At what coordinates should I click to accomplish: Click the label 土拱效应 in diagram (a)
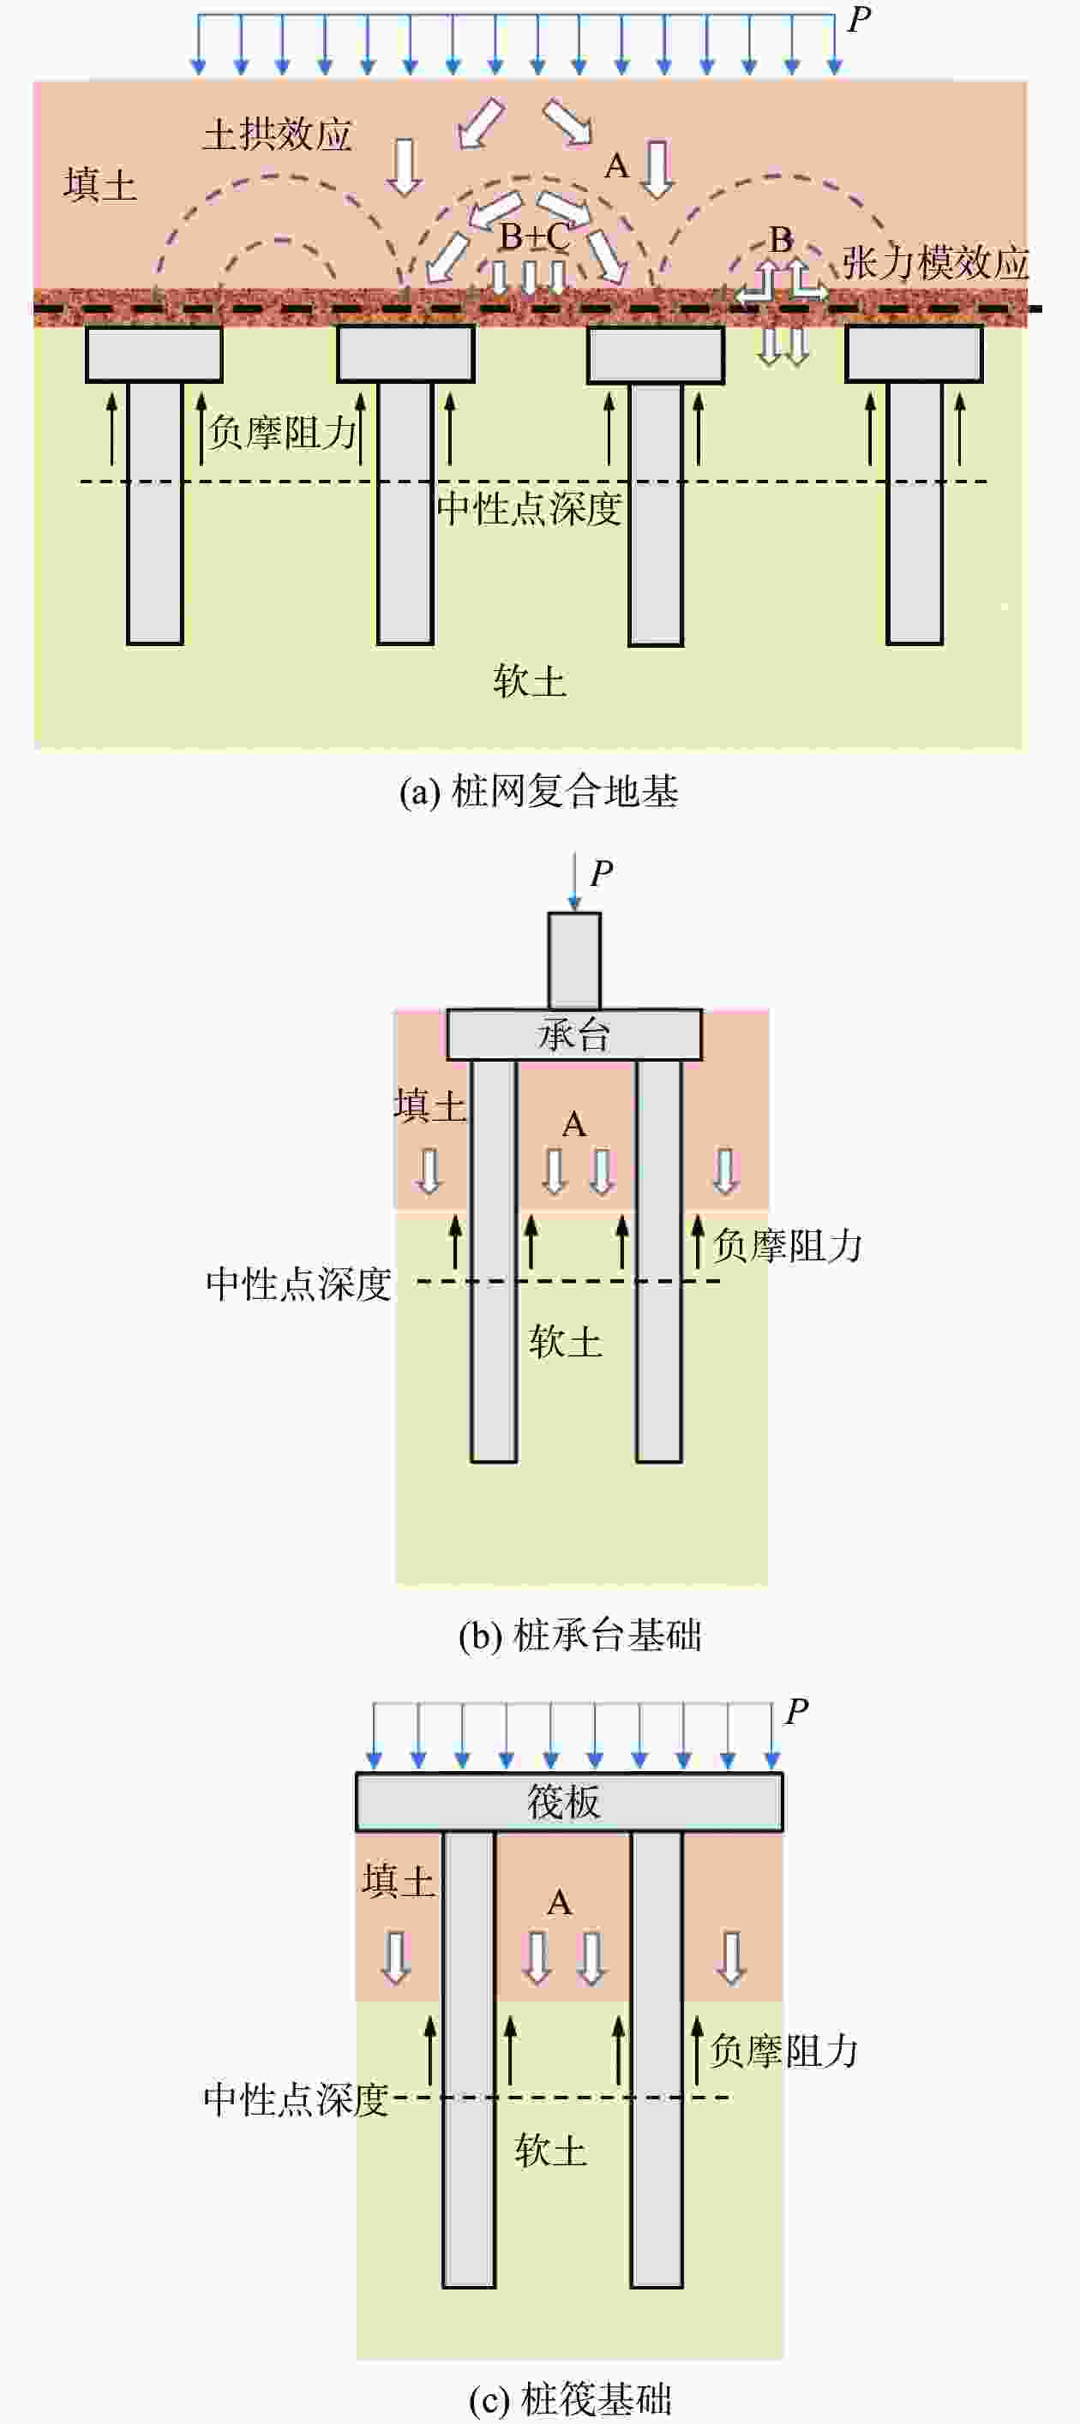pyautogui.click(x=277, y=135)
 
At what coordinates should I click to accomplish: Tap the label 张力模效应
pyautogui.click(x=934, y=262)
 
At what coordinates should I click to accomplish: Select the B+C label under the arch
pyautogui.click(x=534, y=237)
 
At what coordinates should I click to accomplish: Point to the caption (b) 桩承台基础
pyautogui.click(x=580, y=1636)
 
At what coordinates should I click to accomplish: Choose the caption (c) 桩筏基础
pyautogui.click(x=571, y=2398)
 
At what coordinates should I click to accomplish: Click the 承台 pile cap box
pyautogui.click(x=573, y=1035)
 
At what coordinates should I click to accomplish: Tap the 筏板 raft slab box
pyautogui.click(x=567, y=1802)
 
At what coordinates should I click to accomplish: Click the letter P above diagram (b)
pyautogui.click(x=602, y=874)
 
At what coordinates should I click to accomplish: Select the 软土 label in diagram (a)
pyautogui.click(x=529, y=680)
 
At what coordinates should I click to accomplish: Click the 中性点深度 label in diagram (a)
pyautogui.click(x=529, y=509)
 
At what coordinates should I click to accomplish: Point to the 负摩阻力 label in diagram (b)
pyautogui.click(x=787, y=1246)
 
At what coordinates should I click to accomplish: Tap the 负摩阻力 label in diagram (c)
pyautogui.click(x=783, y=2051)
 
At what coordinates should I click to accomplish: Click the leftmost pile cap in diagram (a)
pyautogui.click(x=153, y=354)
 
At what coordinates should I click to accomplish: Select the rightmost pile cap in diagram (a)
pyautogui.click(x=914, y=354)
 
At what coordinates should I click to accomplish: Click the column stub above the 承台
pyautogui.click(x=574, y=961)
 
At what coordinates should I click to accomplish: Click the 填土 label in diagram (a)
pyautogui.click(x=99, y=184)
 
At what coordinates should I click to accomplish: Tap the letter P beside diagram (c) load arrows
pyautogui.click(x=796, y=1712)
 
